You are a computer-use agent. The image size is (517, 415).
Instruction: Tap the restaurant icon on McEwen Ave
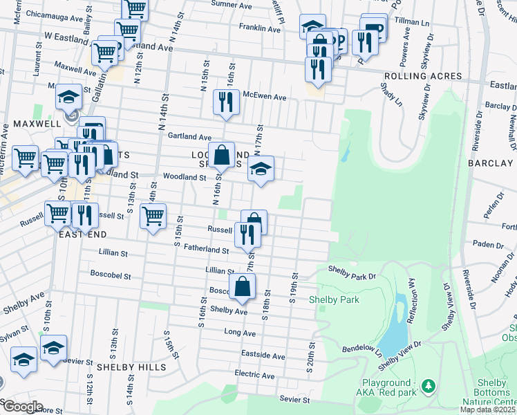click(227, 102)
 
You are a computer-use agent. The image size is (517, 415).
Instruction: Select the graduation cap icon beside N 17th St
click(260, 169)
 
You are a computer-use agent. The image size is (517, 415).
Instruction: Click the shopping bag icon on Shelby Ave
click(243, 287)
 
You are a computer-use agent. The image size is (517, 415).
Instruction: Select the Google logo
click(23, 407)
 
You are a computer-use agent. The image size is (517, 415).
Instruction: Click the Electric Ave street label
click(254, 375)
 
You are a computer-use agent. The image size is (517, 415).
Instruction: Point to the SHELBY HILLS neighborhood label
click(131, 367)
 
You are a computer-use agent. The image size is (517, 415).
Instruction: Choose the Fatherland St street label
click(201, 250)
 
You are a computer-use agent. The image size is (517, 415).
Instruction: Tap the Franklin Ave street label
click(258, 28)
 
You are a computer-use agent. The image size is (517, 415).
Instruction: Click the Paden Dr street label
click(489, 244)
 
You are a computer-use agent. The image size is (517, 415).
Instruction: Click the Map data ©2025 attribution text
click(488, 409)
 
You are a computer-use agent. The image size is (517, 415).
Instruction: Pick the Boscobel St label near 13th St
click(111, 275)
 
